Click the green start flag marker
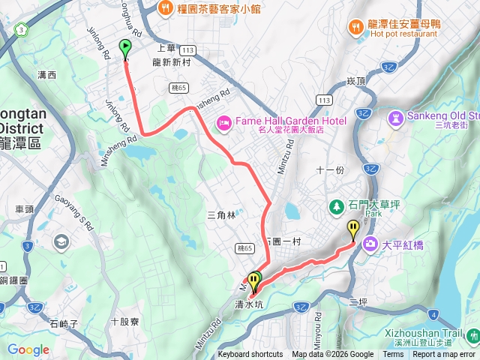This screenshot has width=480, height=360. click(124, 48)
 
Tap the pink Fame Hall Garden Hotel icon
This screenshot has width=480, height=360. click(223, 122)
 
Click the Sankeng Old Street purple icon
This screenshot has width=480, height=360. click(395, 118)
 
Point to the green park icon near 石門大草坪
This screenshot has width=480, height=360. click(337, 205)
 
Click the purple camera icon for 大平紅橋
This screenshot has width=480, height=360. click(370, 244)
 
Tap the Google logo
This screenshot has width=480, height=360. click(28, 349)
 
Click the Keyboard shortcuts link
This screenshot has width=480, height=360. click(250, 355)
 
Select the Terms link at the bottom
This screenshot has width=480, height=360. click(393, 355)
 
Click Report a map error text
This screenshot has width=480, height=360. click(444, 355)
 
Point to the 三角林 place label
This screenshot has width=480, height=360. click(220, 215)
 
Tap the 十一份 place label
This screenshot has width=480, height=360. click(330, 170)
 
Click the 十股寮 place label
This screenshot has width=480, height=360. click(124, 321)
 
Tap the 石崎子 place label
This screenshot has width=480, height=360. click(63, 324)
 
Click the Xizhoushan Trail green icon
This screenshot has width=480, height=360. click(472, 335)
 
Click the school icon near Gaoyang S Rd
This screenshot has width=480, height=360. click(61, 241)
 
